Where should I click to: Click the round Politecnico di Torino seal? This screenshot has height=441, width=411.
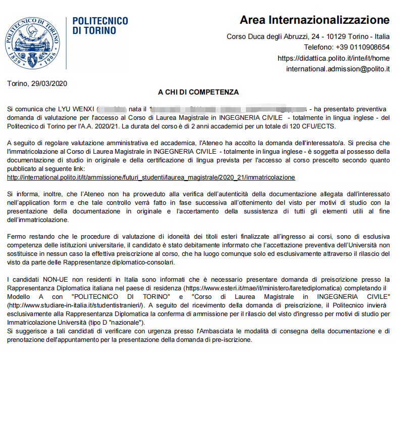tap(32, 43)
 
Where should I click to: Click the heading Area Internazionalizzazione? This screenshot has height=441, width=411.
tap(314, 20)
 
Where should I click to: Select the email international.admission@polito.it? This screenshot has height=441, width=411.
tap(338, 69)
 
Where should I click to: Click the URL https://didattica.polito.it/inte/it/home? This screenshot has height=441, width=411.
tap(334, 58)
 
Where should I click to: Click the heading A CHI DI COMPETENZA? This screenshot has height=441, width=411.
tap(198, 92)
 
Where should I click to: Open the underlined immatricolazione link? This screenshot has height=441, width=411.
tap(151, 178)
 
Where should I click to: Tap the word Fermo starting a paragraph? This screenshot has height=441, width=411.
tap(16, 237)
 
